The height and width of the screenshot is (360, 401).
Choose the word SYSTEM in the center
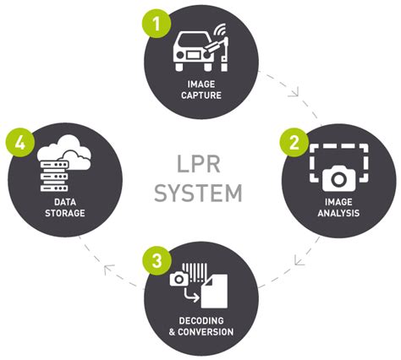pos(198,194)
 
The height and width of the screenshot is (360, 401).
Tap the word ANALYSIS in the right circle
pos(338,214)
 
